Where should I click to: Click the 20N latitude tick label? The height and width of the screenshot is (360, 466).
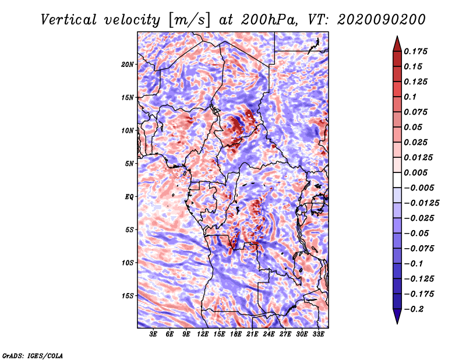(128, 64)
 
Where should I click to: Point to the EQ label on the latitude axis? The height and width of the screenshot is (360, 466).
(129, 197)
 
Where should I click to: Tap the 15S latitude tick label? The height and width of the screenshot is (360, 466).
(128, 296)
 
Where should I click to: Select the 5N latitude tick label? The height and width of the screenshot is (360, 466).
(129, 164)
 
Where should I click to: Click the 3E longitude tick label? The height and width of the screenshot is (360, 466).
(154, 334)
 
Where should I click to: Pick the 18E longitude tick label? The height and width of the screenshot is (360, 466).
(236, 334)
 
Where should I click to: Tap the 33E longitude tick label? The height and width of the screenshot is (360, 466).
(318, 334)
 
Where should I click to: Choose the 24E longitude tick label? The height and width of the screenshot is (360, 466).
(269, 334)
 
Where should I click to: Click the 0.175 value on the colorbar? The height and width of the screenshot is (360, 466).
(417, 51)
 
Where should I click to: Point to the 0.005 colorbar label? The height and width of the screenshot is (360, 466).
(417, 172)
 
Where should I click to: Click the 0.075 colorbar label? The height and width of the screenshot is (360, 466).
(417, 112)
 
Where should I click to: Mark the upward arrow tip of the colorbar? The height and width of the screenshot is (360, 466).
(396, 38)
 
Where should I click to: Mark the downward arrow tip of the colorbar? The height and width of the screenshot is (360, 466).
(396, 322)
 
